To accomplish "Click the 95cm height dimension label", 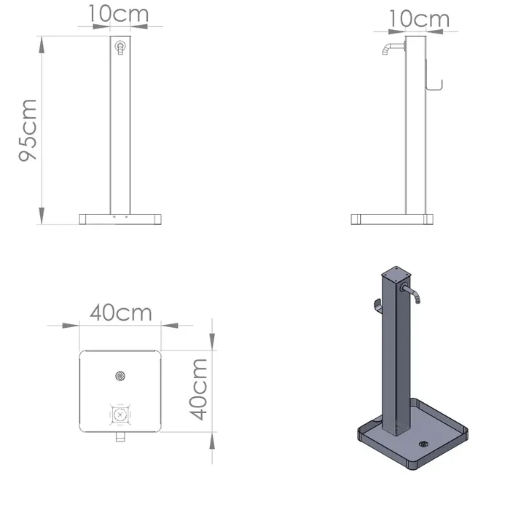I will click(x=30, y=130).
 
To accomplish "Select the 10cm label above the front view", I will click(x=119, y=14).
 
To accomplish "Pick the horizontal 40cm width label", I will click(x=121, y=313).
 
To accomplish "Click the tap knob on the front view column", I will click(x=119, y=48).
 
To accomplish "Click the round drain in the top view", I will click(x=120, y=376).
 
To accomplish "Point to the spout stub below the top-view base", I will click(x=120, y=439).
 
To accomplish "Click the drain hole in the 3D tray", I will click(x=423, y=444).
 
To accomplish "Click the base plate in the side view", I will click(x=392, y=219).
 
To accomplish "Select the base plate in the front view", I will click(x=119, y=219).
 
